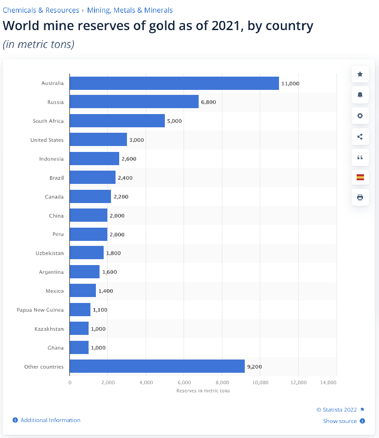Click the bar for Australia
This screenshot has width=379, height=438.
174,83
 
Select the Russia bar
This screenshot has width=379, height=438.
134,102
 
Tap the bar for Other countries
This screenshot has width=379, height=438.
157,366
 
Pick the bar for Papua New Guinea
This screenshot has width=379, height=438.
80,310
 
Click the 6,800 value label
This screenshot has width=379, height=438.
208,102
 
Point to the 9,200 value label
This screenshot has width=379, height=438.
254,367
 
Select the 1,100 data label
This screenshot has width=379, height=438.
100,310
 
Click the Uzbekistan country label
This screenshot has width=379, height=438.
50,253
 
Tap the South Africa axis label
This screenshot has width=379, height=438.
48,121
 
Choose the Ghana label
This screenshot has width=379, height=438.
56,348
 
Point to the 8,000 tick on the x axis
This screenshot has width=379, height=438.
222,382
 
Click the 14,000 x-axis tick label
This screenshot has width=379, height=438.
329,382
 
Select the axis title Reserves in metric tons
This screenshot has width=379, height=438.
203,391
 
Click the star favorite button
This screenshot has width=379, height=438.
360,74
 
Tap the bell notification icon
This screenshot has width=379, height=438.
360,95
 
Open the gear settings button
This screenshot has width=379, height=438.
360,116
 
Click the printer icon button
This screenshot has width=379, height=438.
360,197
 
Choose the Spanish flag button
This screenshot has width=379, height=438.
360,177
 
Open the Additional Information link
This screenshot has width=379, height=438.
50,420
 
